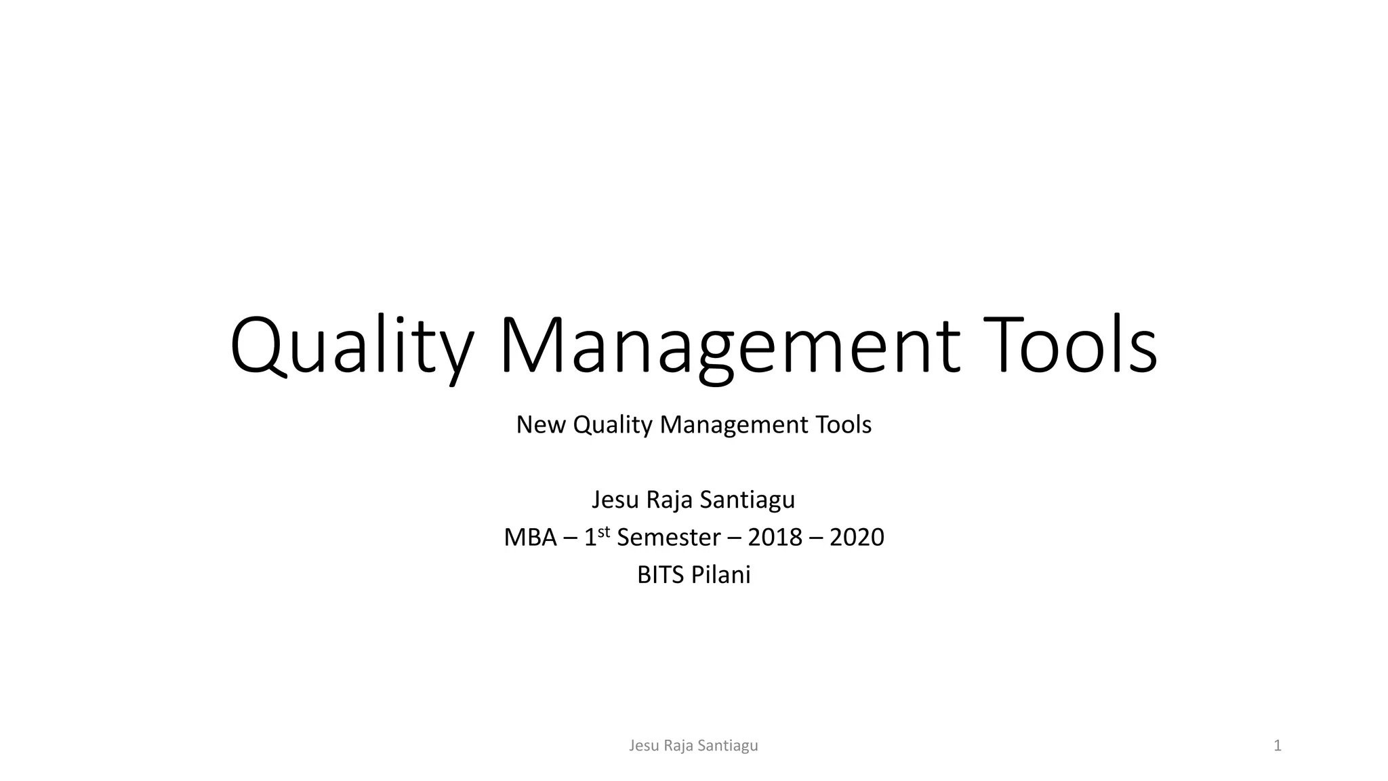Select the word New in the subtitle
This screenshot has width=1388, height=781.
click(541, 425)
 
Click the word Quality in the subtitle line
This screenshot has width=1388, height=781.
click(613, 425)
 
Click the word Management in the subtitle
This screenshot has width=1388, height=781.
click(734, 425)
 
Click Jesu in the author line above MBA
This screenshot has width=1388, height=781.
click(615, 500)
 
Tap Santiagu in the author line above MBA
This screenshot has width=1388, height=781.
click(748, 500)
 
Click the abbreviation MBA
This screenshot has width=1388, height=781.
click(530, 538)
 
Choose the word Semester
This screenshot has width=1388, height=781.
click(668, 538)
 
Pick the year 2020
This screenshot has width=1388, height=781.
click(857, 538)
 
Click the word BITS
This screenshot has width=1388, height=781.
click(661, 576)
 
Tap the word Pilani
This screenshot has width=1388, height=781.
click(721, 576)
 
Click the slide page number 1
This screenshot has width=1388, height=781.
click(1278, 746)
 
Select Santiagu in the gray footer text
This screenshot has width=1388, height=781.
click(728, 746)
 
